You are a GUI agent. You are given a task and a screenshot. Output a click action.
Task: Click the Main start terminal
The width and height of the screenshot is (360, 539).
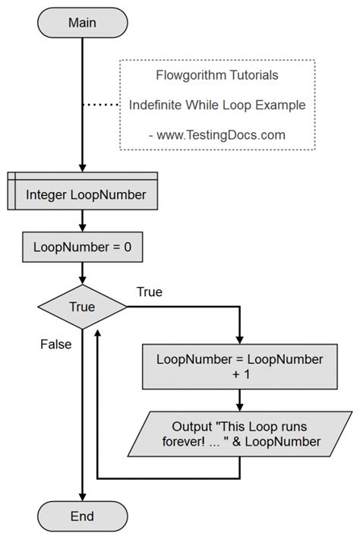(81, 22)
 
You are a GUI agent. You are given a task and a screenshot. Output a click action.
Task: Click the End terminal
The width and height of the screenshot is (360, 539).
(81, 517)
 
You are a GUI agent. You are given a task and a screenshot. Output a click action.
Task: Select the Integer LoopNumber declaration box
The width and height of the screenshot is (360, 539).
(81, 194)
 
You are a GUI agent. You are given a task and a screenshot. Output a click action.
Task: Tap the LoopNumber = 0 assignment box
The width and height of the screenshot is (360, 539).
(81, 247)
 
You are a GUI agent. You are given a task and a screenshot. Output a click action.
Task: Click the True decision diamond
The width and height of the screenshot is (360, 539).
(81, 307)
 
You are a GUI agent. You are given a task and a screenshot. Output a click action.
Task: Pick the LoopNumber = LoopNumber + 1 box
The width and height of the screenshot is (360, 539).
(239, 365)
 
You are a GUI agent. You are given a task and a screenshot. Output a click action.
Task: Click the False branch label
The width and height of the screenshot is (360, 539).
(55, 344)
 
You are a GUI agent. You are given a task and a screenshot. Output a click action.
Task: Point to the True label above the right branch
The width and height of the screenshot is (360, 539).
(149, 292)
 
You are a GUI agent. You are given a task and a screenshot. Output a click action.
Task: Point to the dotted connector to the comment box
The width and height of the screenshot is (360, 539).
(102, 106)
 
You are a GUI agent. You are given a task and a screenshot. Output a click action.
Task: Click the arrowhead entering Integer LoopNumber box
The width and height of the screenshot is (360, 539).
(81, 169)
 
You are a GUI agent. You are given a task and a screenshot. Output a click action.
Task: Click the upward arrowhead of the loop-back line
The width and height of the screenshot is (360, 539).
(98, 334)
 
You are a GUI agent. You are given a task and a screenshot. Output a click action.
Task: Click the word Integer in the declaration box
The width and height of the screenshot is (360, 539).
(49, 194)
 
